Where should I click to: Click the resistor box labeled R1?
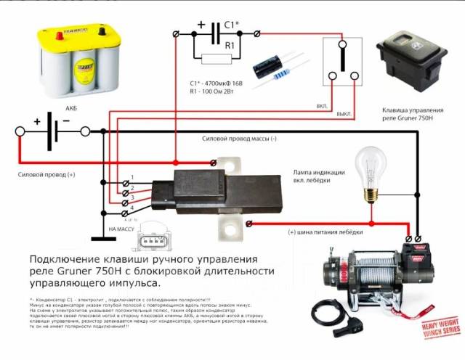(x=218, y=58)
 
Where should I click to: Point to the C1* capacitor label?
(x=230, y=24)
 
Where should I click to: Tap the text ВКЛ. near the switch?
(x=321, y=106)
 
